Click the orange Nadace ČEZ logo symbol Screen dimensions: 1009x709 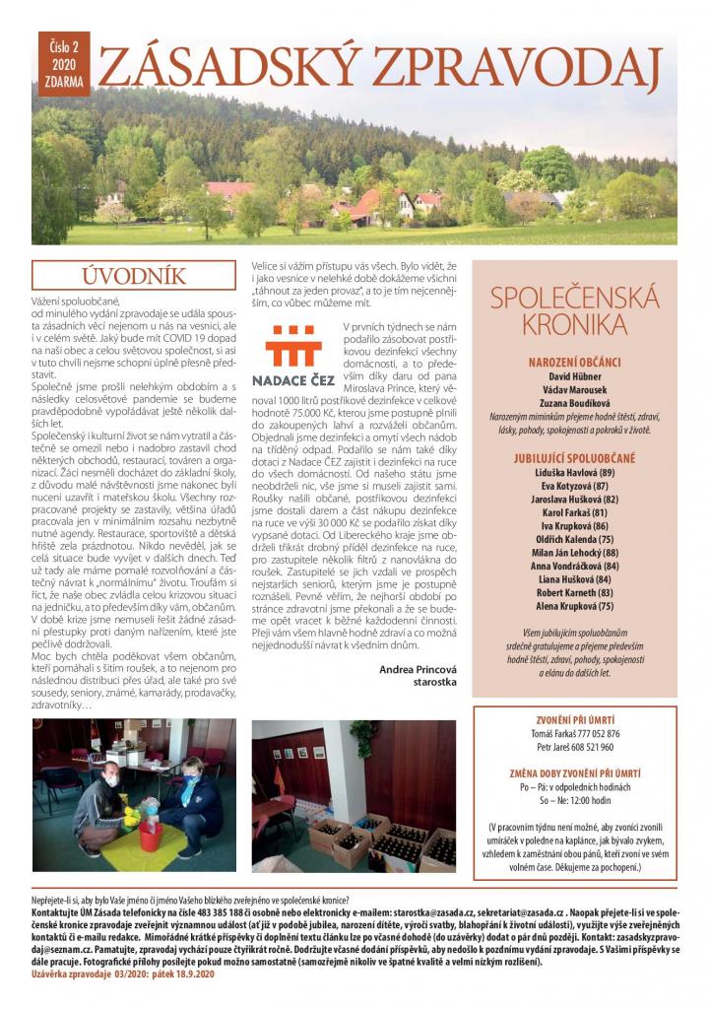tap(294, 344)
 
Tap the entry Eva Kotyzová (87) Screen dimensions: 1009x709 tap(573, 486)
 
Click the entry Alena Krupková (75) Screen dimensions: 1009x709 tap(573, 606)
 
